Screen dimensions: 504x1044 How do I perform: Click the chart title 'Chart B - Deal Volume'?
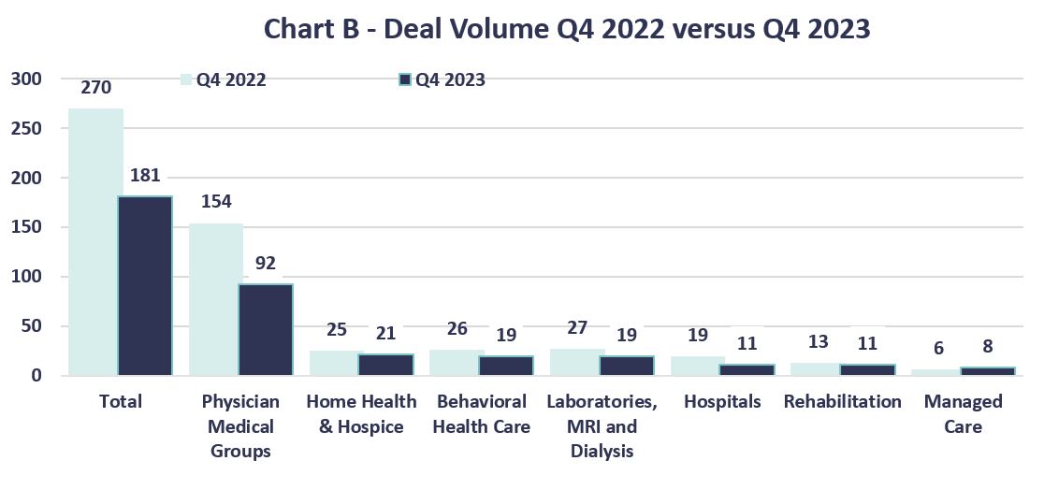(567, 29)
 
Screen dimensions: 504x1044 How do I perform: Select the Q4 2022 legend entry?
(224, 80)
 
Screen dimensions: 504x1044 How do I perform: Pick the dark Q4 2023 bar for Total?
(145, 285)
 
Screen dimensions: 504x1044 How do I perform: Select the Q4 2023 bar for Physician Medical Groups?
(265, 329)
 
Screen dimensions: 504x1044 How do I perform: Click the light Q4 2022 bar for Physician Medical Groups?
(216, 298)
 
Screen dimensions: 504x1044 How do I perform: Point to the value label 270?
(95, 88)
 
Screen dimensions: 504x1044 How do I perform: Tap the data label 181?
(146, 176)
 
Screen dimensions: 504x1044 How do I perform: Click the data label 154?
(216, 202)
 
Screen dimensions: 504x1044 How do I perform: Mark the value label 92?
(266, 264)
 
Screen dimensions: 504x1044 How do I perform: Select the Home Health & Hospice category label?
(361, 414)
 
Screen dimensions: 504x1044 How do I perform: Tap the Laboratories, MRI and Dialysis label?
(602, 426)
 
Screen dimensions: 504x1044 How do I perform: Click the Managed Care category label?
(963, 414)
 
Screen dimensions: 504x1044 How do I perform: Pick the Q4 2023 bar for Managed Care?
(987, 371)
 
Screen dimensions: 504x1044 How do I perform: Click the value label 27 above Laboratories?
(577, 328)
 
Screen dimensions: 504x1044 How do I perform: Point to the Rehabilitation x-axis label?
(842, 402)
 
